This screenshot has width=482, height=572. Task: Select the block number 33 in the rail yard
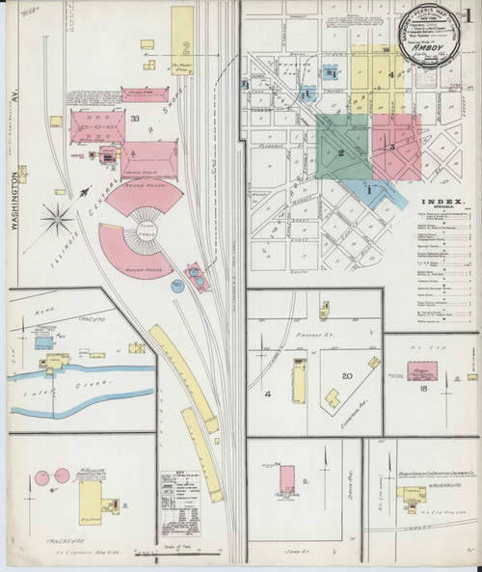pos(135,119)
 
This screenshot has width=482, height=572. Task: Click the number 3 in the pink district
pos(392,147)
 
